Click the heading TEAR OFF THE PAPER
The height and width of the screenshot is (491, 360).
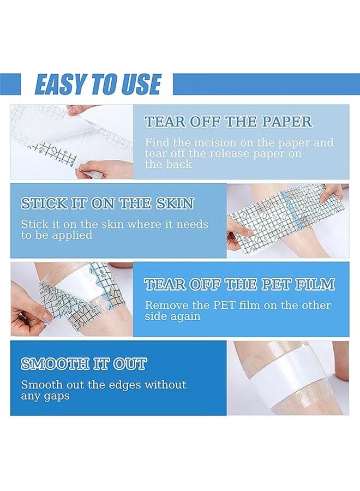click(228, 121)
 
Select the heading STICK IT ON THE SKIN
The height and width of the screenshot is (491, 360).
click(107, 203)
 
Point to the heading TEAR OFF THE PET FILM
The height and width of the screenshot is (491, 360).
click(239, 284)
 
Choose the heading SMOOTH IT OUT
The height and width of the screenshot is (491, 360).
click(83, 364)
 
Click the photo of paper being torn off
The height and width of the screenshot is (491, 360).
click(71, 142)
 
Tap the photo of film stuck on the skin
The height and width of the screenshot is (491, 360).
click(287, 220)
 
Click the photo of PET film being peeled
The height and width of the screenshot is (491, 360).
click(71, 299)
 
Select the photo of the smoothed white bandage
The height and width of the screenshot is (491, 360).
click(287, 378)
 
